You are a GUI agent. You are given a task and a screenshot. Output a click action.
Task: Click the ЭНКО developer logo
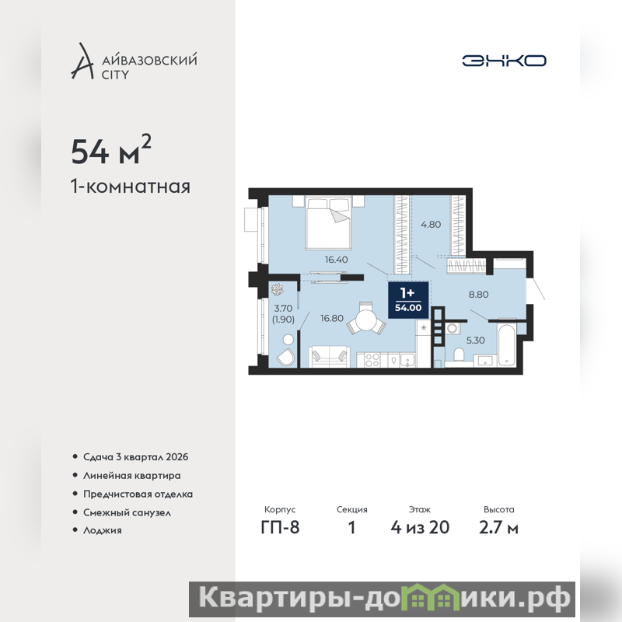[504, 61]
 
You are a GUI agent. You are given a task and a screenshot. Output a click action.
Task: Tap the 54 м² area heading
[111, 150]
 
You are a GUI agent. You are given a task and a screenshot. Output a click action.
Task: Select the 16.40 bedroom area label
[337, 260]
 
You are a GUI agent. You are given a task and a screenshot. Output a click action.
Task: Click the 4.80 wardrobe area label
[431, 225]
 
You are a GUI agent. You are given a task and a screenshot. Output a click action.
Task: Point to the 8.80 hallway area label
[478, 295]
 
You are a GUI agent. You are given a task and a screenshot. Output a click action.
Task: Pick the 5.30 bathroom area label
[475, 340]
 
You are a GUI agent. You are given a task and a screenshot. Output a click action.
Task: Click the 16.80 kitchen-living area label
[332, 318]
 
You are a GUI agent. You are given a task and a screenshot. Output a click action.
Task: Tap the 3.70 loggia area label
[283, 308]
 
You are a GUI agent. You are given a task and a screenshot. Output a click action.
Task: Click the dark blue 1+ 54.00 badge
[408, 300]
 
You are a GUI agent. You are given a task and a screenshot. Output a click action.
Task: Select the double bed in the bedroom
[328, 222]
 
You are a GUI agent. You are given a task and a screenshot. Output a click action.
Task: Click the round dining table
[366, 319]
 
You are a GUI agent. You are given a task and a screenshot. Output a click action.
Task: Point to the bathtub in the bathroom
[507, 345]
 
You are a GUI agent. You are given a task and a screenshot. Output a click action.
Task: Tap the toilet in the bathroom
[459, 355]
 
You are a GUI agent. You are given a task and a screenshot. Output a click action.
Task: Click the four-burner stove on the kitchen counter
[372, 360]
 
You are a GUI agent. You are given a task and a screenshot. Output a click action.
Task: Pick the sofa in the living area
[329, 355]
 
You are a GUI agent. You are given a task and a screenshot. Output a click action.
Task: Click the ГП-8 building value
[280, 527]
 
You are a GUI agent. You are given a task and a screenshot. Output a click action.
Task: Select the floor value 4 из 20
[420, 527]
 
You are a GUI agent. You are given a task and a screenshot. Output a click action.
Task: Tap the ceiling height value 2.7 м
[498, 527]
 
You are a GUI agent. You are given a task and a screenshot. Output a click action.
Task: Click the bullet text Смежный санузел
[127, 512]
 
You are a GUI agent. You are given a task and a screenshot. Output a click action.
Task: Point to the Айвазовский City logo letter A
[82, 61]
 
